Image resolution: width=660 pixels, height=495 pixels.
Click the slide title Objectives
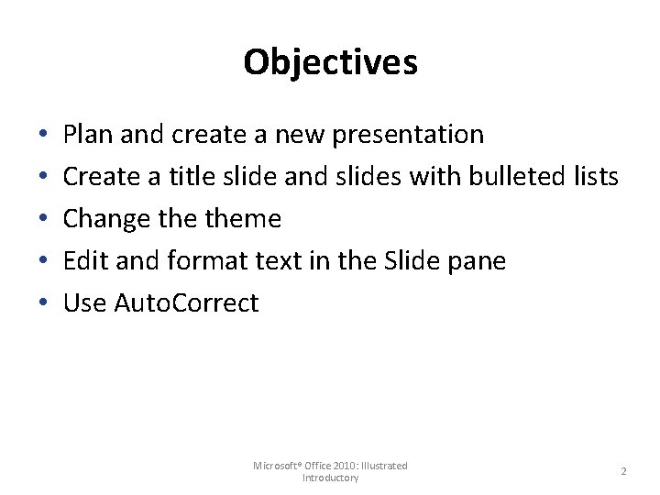(x=330, y=62)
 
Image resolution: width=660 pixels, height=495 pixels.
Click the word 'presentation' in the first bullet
(x=408, y=135)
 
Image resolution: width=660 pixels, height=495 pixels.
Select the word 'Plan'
(x=88, y=135)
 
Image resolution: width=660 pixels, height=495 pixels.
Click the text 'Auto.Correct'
(x=186, y=303)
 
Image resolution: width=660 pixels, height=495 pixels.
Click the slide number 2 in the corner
(x=623, y=471)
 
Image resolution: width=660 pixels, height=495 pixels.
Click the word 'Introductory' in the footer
(x=330, y=478)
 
